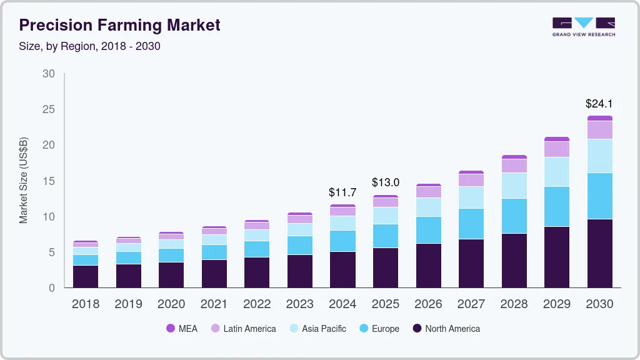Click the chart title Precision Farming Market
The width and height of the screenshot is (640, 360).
click(119, 26)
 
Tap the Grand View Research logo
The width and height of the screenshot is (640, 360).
click(583, 26)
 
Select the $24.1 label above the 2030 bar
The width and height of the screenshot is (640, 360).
click(599, 103)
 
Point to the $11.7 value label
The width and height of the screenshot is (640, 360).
click(342, 192)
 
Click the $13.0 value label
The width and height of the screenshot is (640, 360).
click(385, 182)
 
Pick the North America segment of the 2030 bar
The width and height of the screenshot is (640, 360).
click(599, 253)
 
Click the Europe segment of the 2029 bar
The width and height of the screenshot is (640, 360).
click(556, 206)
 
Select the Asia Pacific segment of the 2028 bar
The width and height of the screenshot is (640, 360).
click(514, 186)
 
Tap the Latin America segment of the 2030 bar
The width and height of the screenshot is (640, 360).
click(599, 130)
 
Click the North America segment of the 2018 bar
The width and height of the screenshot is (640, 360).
click(86, 276)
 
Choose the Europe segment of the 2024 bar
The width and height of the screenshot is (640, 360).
click(342, 241)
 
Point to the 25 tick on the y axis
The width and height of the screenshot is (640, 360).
click(48, 109)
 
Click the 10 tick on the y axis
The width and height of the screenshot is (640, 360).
click(48, 217)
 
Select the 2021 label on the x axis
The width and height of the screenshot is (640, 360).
click(214, 304)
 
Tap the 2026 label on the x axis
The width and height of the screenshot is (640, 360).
click(428, 304)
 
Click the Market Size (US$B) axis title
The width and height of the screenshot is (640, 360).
click(23, 181)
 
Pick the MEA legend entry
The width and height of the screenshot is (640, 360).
click(181, 328)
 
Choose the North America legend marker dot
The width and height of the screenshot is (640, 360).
click(417, 328)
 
